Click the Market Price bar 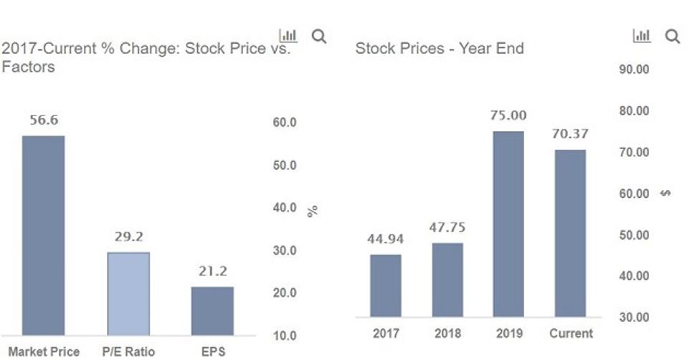[43, 235]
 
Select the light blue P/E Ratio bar [128, 293]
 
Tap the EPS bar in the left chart [212, 311]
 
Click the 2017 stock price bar [386, 285]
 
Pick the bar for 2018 [447, 280]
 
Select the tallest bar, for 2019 [508, 224]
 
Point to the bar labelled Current [570, 233]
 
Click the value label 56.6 [44, 120]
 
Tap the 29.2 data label [129, 237]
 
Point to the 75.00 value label [508, 115]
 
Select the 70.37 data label [570, 134]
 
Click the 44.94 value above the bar [386, 239]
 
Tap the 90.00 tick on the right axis [632, 70]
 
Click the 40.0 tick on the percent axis [285, 208]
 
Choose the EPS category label [212, 352]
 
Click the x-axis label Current [571, 333]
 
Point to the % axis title [313, 211]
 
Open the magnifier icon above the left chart [319, 37]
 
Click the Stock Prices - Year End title [440, 49]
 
